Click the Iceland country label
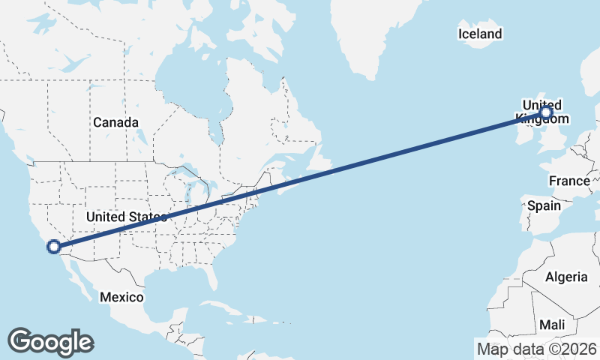pos(480,34)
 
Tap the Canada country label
pos(115,122)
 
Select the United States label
pos(125,217)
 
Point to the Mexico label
pos(122,298)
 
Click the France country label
pos(569,181)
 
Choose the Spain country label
pos(544,205)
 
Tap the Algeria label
pos(566,277)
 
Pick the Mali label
pos(552,325)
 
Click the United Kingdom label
pos(541,111)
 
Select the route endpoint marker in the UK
pos(545,112)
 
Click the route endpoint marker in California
pos(53,246)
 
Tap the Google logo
pos(50,342)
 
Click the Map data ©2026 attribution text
pos(537,349)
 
